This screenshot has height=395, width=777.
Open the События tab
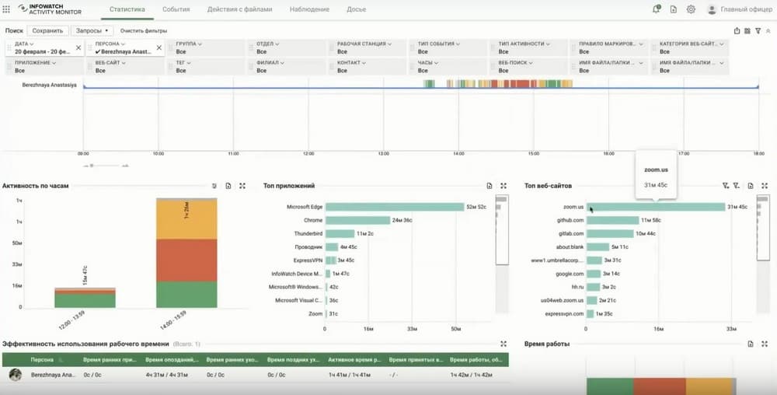(176, 9)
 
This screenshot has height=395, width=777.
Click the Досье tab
(357, 9)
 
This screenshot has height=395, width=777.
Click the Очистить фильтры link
(143, 31)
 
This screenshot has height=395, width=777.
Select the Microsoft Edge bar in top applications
(394, 207)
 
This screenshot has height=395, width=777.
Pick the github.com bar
(613, 220)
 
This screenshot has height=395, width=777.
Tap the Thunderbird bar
(340, 233)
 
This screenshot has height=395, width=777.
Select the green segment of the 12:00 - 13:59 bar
(85, 301)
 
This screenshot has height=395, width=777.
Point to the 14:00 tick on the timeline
(458, 153)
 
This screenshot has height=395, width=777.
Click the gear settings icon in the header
(691, 9)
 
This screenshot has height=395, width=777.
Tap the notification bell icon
(656, 9)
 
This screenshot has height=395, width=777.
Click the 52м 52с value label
(476, 207)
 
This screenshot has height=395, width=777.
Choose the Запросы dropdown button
(92, 31)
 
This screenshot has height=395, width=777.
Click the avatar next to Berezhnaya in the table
(15, 375)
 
